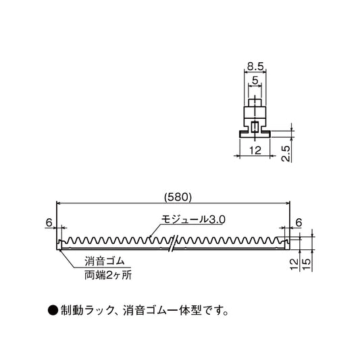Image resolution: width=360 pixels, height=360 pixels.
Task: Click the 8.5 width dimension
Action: pyautogui.click(x=255, y=67)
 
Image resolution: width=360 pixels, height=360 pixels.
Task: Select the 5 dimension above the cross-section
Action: pyautogui.click(x=255, y=80)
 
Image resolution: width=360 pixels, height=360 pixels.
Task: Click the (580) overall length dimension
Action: pyautogui.click(x=179, y=197)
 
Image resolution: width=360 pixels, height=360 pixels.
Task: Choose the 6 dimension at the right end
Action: pyautogui.click(x=299, y=222)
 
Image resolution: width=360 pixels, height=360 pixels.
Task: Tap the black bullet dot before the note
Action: pyautogui.click(x=53, y=311)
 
